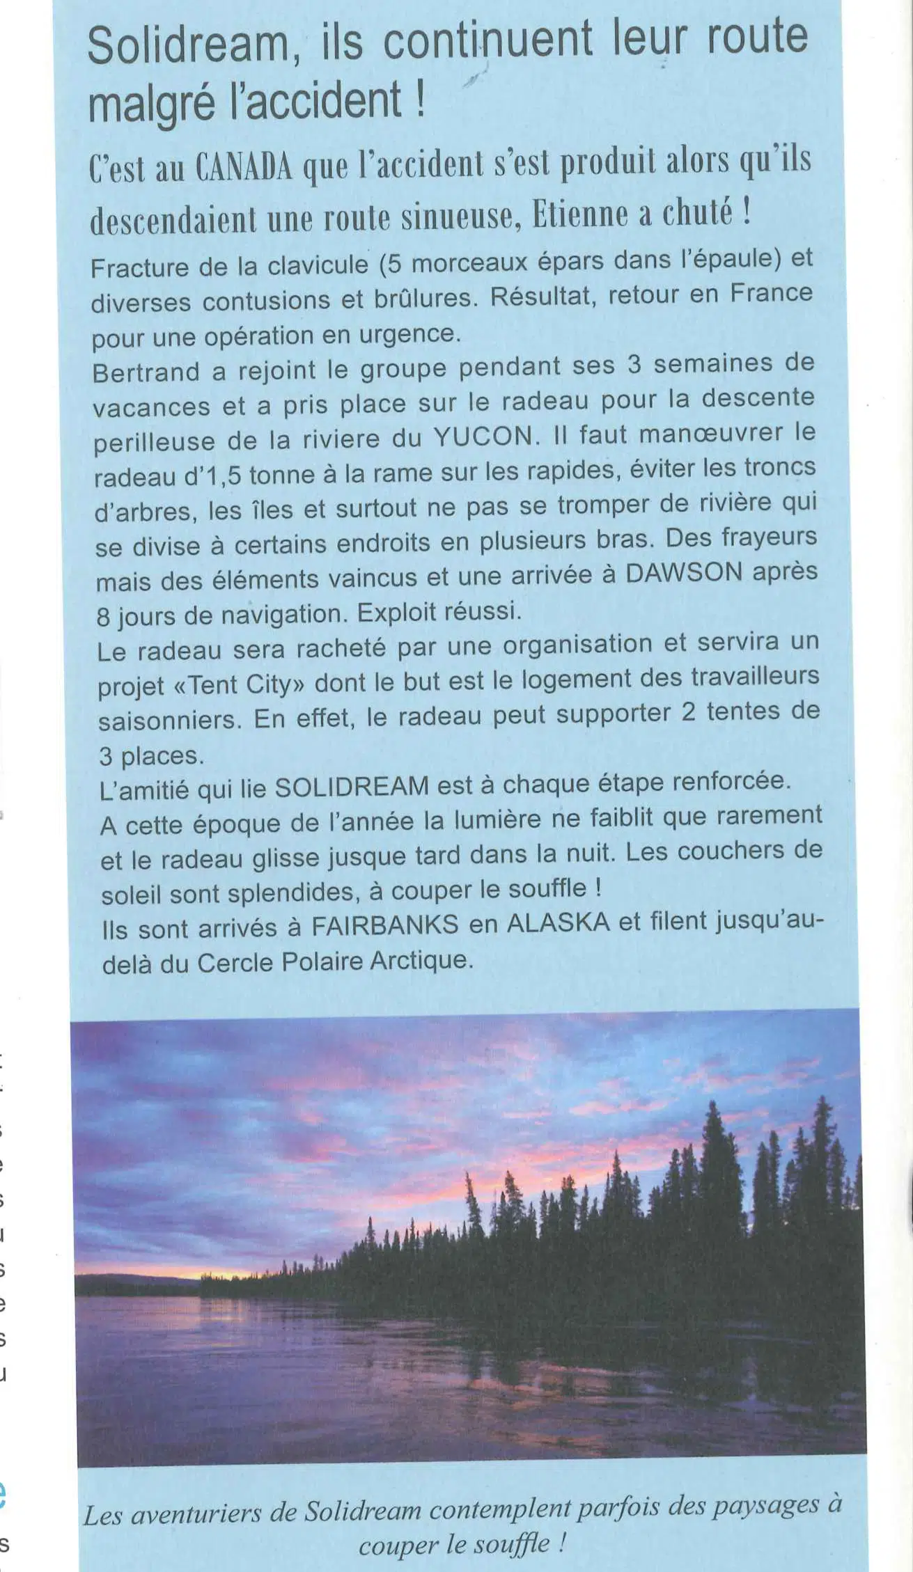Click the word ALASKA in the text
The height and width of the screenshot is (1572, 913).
coord(559,923)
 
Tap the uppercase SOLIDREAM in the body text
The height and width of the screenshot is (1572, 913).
coord(352,787)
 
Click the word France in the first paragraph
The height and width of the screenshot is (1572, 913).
coord(771,294)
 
